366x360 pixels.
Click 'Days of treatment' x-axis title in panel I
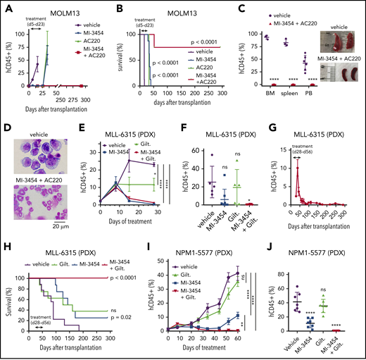click(x=223, y=352)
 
